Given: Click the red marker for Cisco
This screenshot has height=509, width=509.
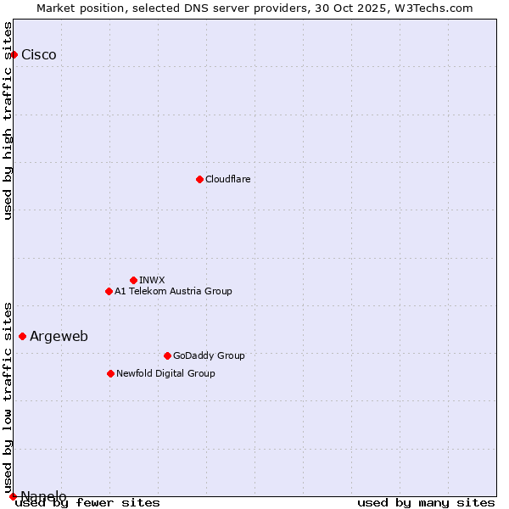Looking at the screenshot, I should [x=14, y=54].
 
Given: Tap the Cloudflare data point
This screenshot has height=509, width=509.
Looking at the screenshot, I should [x=199, y=179].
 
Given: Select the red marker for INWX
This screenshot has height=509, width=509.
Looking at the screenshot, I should [x=133, y=280].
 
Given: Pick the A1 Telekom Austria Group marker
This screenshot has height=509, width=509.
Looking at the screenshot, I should [x=109, y=291].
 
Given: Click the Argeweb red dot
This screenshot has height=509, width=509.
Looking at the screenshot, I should [x=22, y=336].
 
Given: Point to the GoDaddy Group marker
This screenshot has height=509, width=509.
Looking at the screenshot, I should [x=167, y=355].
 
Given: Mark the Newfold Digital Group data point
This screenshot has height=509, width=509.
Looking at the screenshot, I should [x=110, y=373].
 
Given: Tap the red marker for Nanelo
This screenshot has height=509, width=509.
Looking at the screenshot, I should [x=13, y=496].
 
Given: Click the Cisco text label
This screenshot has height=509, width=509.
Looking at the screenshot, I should [x=39, y=55].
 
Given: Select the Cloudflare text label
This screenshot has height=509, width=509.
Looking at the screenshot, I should [x=228, y=179].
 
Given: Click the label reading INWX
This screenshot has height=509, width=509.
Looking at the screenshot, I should [x=153, y=280].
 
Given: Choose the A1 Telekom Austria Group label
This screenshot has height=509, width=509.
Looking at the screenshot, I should [x=174, y=291].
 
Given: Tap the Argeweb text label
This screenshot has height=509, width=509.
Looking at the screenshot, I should [x=59, y=337].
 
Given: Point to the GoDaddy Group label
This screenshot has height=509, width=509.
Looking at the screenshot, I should [x=209, y=355].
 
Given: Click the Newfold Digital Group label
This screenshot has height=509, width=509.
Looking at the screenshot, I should [x=166, y=373].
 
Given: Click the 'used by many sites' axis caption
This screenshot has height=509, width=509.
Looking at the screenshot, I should [x=426, y=503].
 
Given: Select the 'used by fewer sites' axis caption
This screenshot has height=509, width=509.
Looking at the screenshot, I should [x=88, y=503].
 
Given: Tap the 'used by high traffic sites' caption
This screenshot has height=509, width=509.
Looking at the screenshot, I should [x=8, y=120].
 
